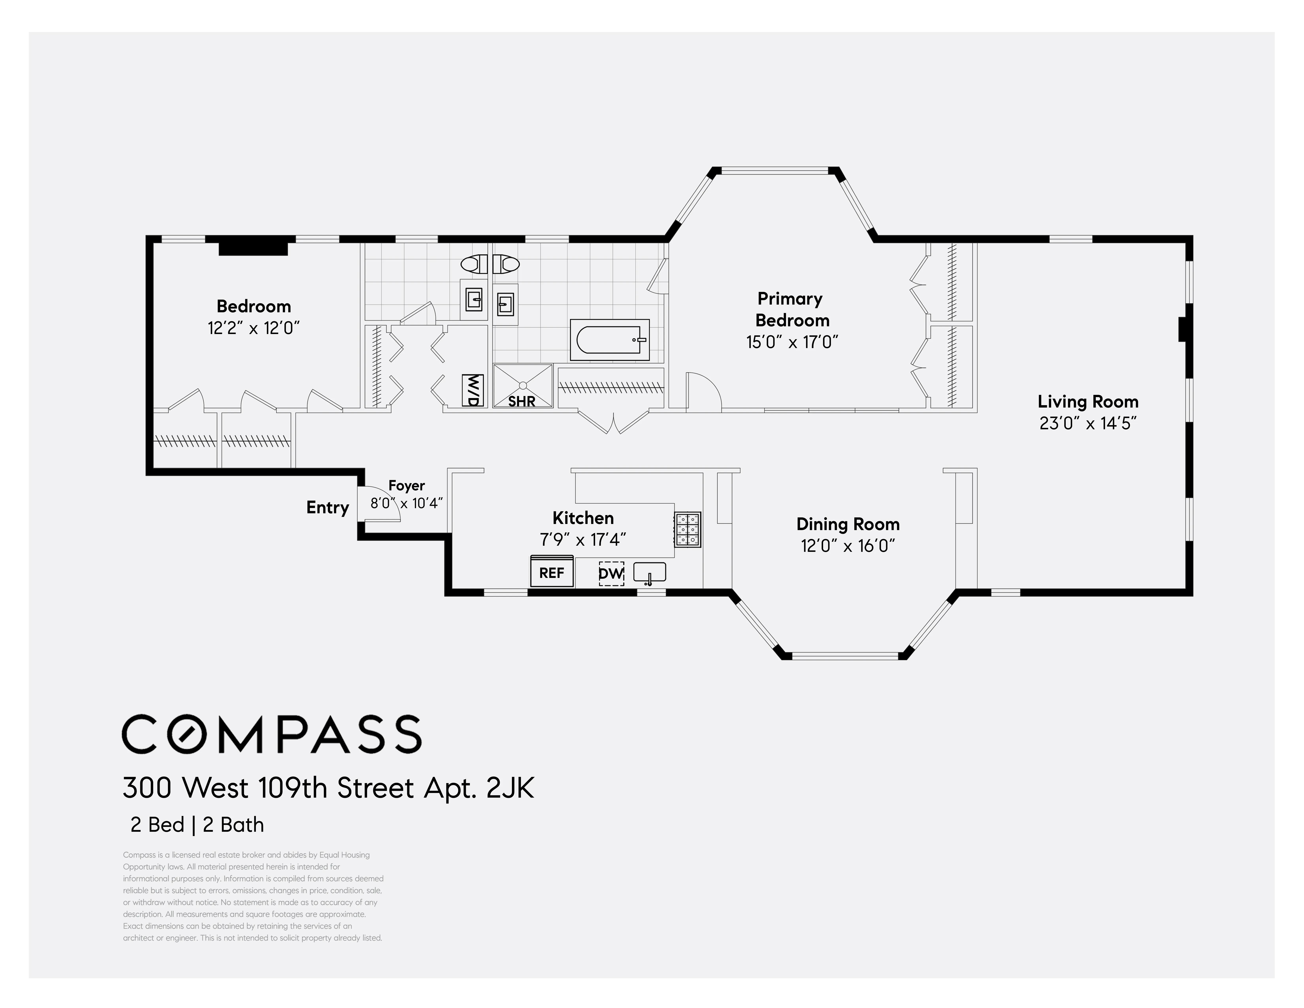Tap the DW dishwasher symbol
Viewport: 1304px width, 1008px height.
point(611,573)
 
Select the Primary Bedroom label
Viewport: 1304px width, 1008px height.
point(792,309)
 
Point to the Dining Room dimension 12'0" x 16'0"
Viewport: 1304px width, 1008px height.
point(848,546)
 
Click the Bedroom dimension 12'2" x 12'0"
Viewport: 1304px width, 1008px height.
point(254,328)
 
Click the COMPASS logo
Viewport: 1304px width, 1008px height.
point(272,734)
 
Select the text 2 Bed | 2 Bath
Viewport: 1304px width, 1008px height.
point(197,825)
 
